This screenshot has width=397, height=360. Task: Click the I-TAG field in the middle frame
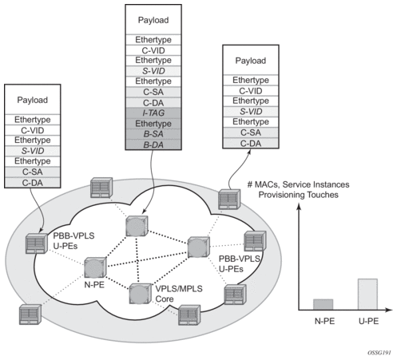pyautogui.click(x=153, y=113)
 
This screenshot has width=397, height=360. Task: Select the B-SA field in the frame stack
pyautogui.click(x=153, y=134)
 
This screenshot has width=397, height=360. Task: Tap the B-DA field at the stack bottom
pyautogui.click(x=153, y=144)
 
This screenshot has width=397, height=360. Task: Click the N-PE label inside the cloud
pyautogui.click(x=94, y=285)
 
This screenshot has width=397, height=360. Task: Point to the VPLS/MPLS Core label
pyautogui.click(x=179, y=294)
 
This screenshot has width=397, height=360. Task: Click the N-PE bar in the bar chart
pyautogui.click(x=323, y=304)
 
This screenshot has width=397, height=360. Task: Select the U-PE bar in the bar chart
pyautogui.click(x=367, y=295)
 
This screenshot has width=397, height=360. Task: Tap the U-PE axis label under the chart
pyautogui.click(x=368, y=321)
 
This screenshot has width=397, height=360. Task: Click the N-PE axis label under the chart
pyautogui.click(x=324, y=321)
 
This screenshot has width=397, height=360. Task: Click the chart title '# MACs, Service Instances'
pyautogui.click(x=299, y=184)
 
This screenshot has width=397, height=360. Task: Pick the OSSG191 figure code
pyautogui.click(x=379, y=353)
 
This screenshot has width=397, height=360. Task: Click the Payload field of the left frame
pyautogui.click(x=33, y=100)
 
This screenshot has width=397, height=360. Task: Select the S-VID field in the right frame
pyautogui.click(x=251, y=112)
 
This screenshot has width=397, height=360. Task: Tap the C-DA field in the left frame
pyautogui.click(x=33, y=183)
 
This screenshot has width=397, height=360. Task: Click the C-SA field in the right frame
pyautogui.click(x=251, y=133)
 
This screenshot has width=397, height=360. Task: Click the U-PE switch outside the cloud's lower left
pyautogui.click(x=30, y=315)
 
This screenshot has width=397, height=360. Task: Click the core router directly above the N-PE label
pyautogui.click(x=95, y=267)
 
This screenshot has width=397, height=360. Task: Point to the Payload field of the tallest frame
pyautogui.click(x=153, y=20)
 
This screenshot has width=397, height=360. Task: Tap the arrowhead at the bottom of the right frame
pyautogui.click(x=249, y=152)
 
